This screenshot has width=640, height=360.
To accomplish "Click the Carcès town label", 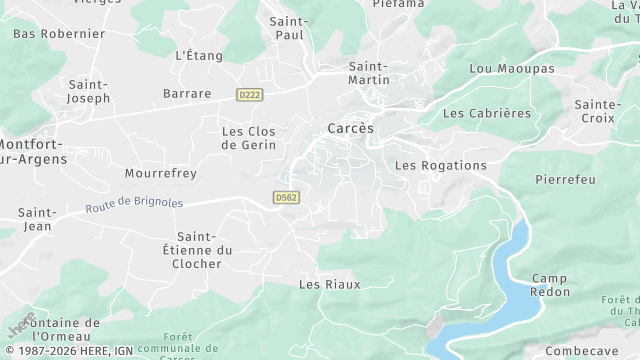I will coord(350,128).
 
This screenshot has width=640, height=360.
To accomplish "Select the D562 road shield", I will coord(286,198).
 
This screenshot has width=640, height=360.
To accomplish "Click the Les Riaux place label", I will coord(329,284).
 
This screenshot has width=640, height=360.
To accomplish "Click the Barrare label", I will coord(187,93).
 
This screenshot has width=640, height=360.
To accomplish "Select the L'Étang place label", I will coord(196,55).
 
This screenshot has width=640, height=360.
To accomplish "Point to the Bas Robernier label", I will coord(59,33).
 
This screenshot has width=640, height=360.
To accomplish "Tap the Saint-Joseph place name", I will coord(88,91).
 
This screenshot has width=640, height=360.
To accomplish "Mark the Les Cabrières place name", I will coord(487,113).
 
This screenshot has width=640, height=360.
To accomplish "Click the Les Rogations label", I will coord(441,165).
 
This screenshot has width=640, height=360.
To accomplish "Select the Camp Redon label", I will coord(550,284).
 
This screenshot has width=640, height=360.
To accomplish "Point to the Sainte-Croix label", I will coord(598,110).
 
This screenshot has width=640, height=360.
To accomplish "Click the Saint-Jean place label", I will coord(36,219).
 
